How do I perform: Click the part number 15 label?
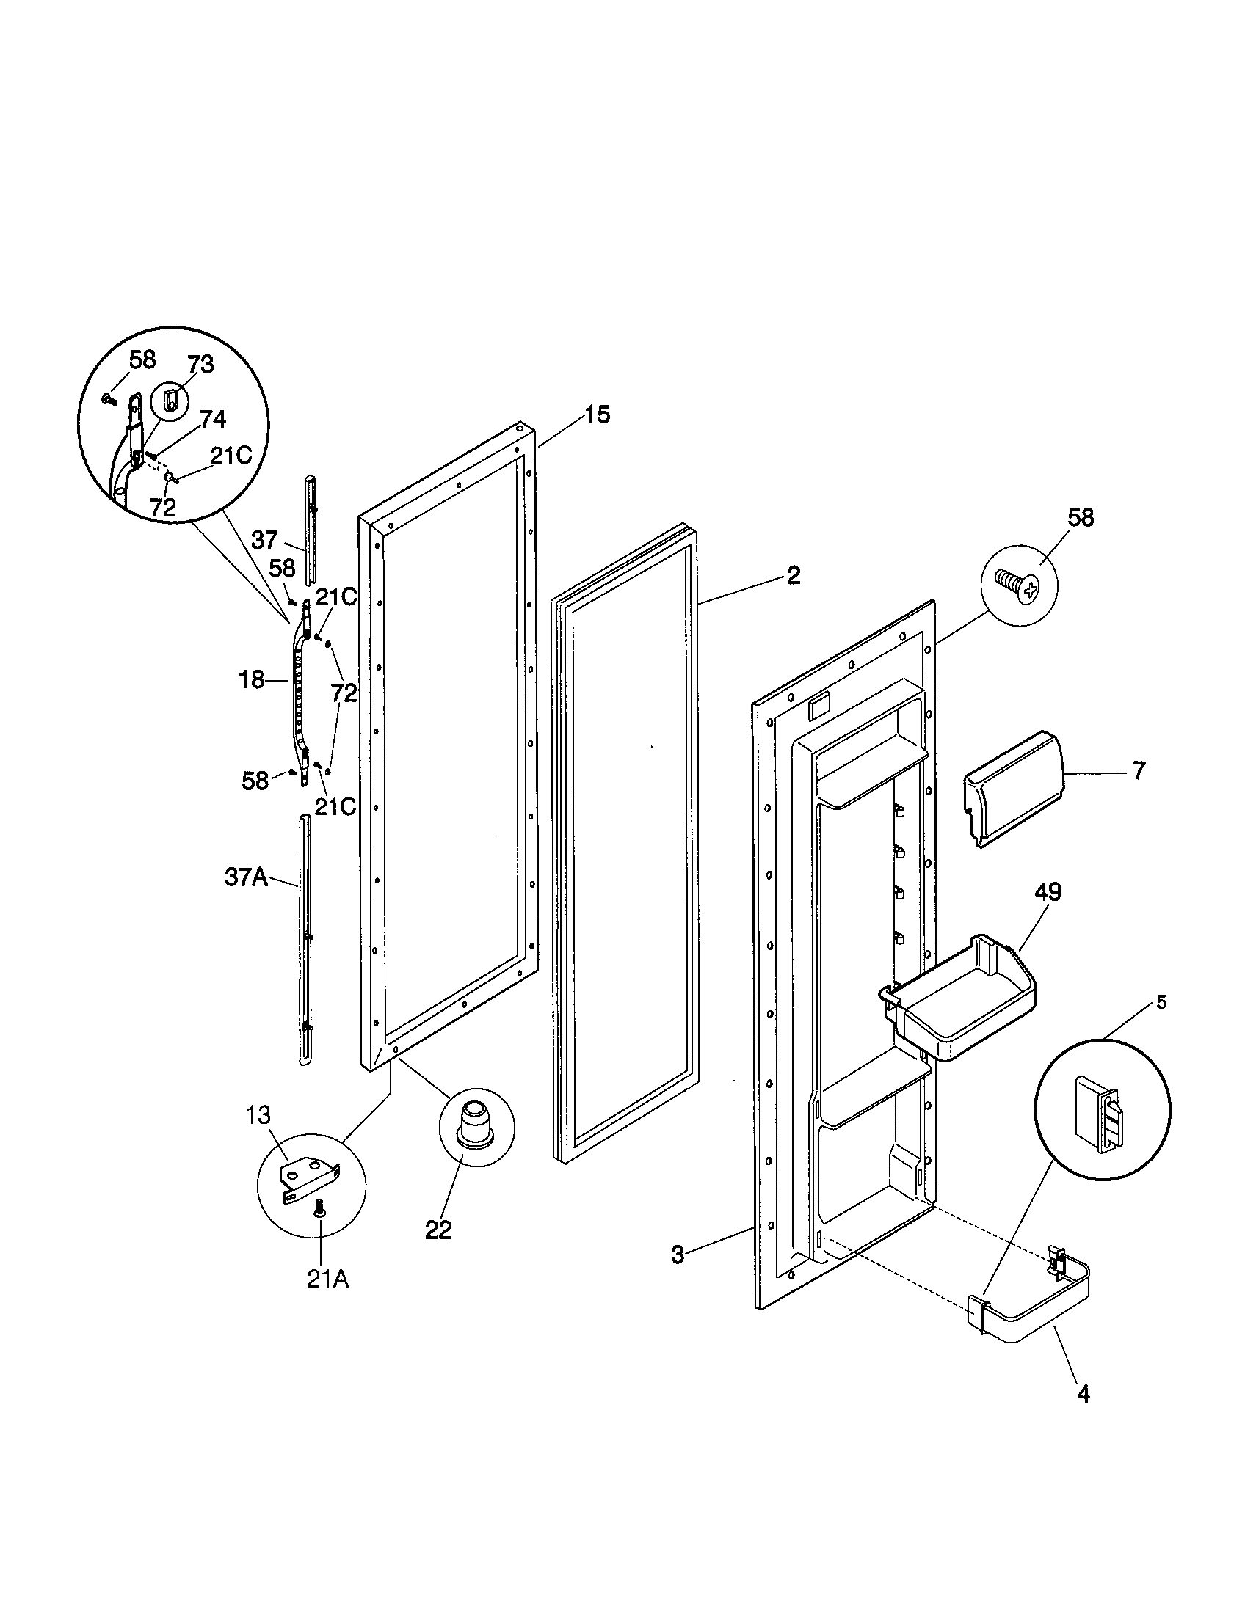[598, 415]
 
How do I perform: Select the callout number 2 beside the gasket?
[793, 576]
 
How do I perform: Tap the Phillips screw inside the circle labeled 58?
[1018, 587]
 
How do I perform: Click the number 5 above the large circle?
[1161, 1004]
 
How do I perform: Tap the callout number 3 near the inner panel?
[678, 1254]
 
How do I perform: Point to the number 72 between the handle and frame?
[344, 693]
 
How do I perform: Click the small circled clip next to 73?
[170, 401]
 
